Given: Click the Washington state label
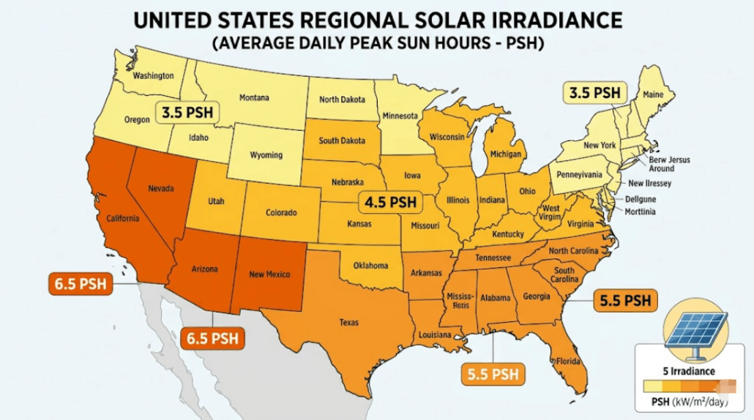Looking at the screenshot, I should click(153, 75).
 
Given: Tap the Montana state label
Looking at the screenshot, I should click(254, 97).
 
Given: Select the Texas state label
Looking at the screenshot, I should click(348, 321).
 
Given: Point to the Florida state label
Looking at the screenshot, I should click(567, 361).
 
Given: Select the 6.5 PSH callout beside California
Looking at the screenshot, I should click(80, 283).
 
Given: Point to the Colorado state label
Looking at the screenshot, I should click(280, 213).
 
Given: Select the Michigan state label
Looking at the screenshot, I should click(506, 154).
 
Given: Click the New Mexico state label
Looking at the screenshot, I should click(269, 274).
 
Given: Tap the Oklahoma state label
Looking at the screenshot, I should click(370, 266).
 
